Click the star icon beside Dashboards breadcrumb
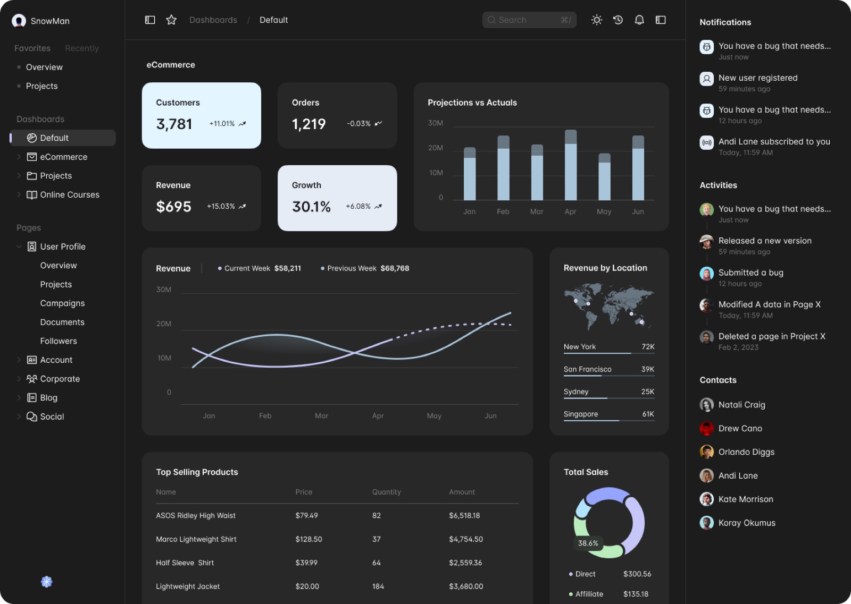tap(171, 20)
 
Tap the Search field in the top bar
tap(529, 20)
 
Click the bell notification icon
tap(639, 20)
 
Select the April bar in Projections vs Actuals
tap(571, 165)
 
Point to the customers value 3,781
tap(174, 124)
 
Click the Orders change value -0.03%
tap(358, 124)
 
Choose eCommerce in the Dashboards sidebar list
tap(63, 157)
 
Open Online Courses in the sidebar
tap(69, 194)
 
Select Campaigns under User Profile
tap(62, 303)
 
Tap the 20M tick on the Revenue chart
tap(164, 324)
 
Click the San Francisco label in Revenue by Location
tap(587, 369)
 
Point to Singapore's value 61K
tap(648, 414)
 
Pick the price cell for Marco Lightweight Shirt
tap(308, 539)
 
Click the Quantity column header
tap(386, 492)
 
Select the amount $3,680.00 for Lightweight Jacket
tap(466, 586)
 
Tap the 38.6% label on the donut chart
tap(588, 543)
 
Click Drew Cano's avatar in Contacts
tap(706, 428)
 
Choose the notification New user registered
tap(757, 78)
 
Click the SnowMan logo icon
tap(19, 21)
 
